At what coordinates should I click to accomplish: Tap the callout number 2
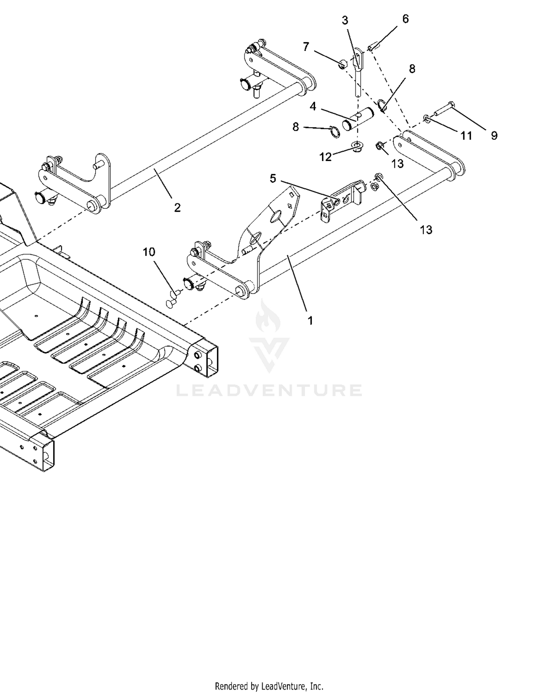coord(177,207)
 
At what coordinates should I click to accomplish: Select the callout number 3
coord(345,20)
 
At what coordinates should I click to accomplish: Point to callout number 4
coord(313,106)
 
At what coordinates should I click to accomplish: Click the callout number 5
coord(273,178)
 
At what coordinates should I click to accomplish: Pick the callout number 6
coord(406,19)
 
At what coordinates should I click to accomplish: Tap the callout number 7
coord(306,46)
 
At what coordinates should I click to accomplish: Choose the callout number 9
coord(494,135)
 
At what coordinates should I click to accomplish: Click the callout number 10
coord(149,252)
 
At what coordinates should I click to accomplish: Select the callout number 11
coord(466,135)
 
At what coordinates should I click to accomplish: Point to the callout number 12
coord(326,157)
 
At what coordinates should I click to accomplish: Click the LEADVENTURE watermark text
coord(269,390)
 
